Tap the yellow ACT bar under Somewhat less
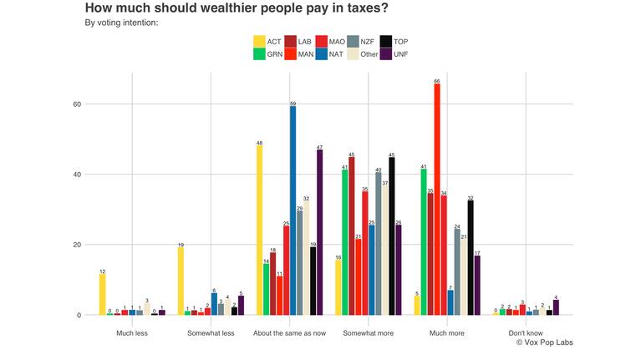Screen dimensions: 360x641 (x=181, y=281)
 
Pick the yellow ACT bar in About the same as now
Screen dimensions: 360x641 (x=260, y=231)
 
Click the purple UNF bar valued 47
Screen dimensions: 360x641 (x=320, y=232)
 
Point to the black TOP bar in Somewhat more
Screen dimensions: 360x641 (x=392, y=236)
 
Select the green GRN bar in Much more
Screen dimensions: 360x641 (x=424, y=242)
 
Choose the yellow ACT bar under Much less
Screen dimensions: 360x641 (x=102, y=294)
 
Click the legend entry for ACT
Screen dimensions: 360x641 (x=267, y=41)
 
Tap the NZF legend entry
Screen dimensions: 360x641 (x=360, y=41)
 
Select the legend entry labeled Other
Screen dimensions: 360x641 (x=360, y=54)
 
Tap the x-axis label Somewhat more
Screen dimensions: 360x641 (x=369, y=332)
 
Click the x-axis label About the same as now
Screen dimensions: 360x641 (x=289, y=332)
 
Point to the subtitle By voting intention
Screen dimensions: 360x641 (x=122, y=23)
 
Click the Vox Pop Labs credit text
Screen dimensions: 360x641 (x=544, y=342)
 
